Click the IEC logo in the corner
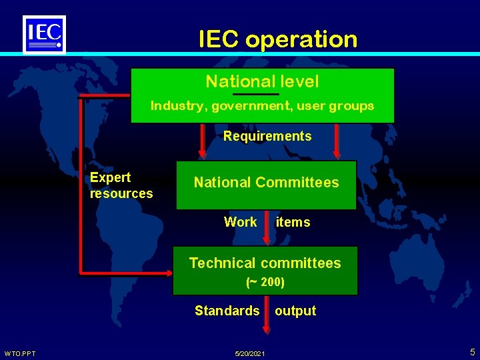coord(45,34)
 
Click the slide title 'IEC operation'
coord(278,39)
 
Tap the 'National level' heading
coord(262,81)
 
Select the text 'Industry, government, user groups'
coord(262,105)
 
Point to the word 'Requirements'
coord(267,136)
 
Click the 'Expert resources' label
coord(121,185)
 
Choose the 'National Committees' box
coord(266,183)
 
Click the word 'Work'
coord(240,222)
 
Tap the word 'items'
coord(293,222)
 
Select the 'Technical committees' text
coord(265,263)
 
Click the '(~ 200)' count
coord(265,282)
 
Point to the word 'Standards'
coord(227,311)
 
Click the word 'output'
coord(295,311)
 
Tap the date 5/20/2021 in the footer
coord(251,353)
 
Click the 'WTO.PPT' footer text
coord(20,353)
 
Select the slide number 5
coord(472,351)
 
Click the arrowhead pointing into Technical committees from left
coord(168,272)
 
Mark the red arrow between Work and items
coord(267,227)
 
